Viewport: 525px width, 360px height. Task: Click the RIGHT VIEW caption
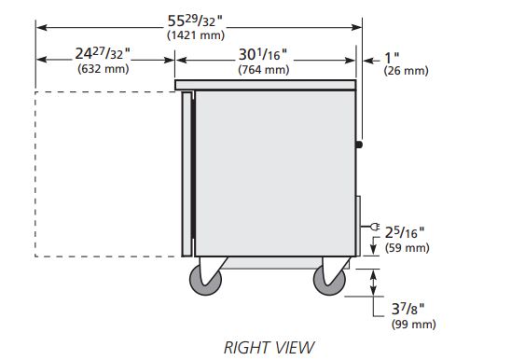pyautogui.click(x=269, y=347)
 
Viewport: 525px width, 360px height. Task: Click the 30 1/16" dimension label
pyautogui.click(x=264, y=54)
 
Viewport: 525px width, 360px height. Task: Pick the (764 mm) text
pyautogui.click(x=264, y=69)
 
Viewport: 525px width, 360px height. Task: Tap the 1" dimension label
pyautogui.click(x=392, y=58)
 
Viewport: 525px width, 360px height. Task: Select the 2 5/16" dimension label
pyautogui.click(x=408, y=233)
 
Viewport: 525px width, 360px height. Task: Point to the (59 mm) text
pyautogui.click(x=408, y=248)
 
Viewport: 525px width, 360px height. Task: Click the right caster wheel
pyautogui.click(x=328, y=277)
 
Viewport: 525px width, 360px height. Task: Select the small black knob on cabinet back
pyautogui.click(x=360, y=144)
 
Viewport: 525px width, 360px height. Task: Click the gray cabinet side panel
pyautogui.click(x=275, y=173)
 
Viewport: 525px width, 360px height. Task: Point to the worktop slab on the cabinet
pyautogui.click(x=266, y=85)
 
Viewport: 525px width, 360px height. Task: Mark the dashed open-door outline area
pyautogui.click(x=107, y=173)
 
